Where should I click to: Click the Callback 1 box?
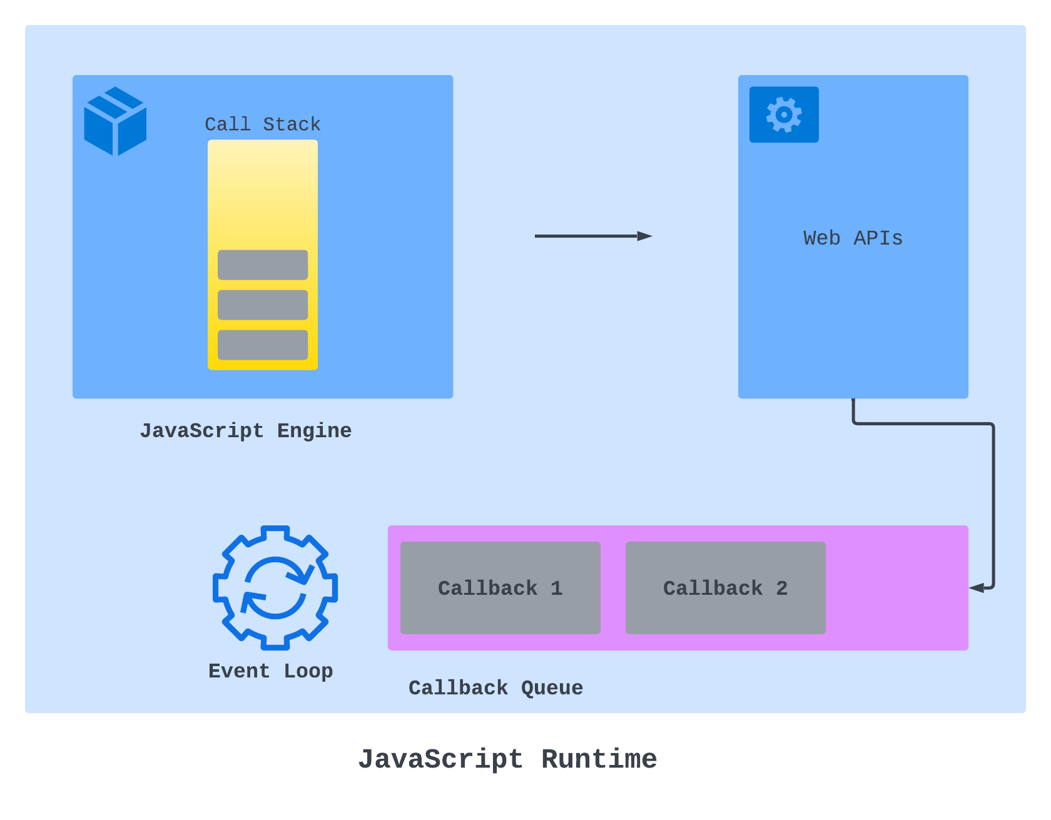pyautogui.click(x=500, y=588)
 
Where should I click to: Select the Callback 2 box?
pyautogui.click(x=725, y=588)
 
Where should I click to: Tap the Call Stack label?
pyautogui.click(x=263, y=124)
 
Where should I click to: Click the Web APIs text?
pyautogui.click(x=853, y=238)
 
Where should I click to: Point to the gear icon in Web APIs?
pyautogui.click(x=784, y=114)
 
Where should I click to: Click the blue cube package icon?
pyautogui.click(x=115, y=121)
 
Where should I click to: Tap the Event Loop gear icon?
pyautogui.click(x=275, y=587)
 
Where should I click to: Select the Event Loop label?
pyautogui.click(x=270, y=671)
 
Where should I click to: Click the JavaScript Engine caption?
pyautogui.click(x=245, y=431)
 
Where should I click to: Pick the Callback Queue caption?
pyautogui.click(x=495, y=688)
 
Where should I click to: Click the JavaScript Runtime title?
pyautogui.click(x=507, y=759)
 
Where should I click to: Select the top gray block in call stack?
pyautogui.click(x=263, y=265)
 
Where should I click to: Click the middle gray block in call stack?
pyautogui.click(x=263, y=305)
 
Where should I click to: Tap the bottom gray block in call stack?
pyautogui.click(x=263, y=345)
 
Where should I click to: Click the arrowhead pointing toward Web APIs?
pyautogui.click(x=645, y=236)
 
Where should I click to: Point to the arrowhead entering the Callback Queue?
pyautogui.click(x=977, y=588)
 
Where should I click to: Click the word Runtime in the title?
pyautogui.click(x=599, y=759)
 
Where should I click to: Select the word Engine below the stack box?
pyautogui.click(x=314, y=431)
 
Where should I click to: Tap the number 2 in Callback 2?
pyautogui.click(x=782, y=588)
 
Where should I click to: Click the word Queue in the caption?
pyautogui.click(x=552, y=688)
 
